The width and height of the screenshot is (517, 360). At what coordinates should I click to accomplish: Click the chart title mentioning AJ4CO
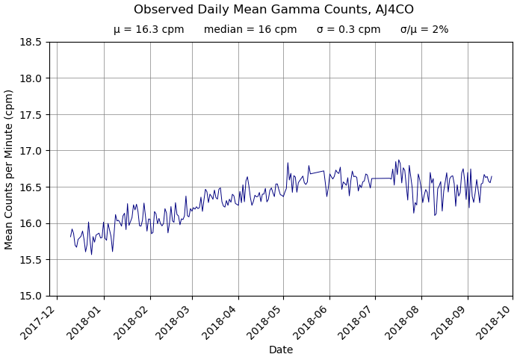tap(273, 10)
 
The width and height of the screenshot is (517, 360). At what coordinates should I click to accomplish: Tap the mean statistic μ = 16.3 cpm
tap(149, 30)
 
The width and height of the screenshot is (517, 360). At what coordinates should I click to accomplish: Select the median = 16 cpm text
tap(250, 30)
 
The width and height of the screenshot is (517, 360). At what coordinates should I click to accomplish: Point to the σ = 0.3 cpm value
tap(348, 30)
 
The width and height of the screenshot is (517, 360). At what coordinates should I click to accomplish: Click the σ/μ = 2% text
tap(424, 30)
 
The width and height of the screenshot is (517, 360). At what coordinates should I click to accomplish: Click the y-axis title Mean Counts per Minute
tap(10, 169)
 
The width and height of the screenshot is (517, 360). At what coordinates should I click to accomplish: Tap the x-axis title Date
tap(281, 350)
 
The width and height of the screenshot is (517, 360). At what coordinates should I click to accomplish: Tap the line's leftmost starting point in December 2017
tap(71, 237)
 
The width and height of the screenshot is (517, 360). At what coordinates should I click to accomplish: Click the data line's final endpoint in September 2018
tap(492, 176)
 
